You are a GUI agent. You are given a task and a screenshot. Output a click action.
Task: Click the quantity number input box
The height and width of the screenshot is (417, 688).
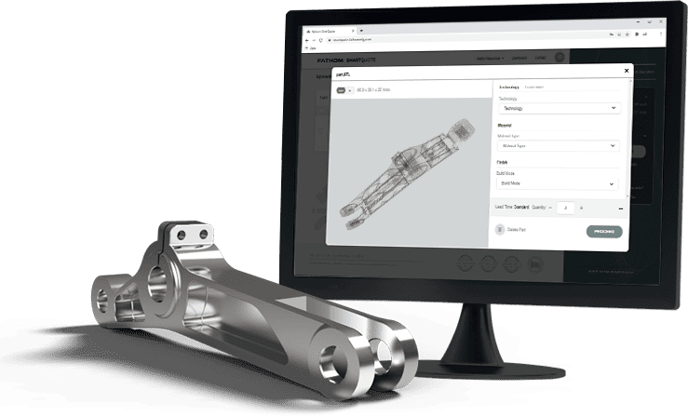click(x=564, y=208)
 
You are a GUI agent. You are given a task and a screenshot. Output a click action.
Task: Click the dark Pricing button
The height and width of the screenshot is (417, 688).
click(x=604, y=231)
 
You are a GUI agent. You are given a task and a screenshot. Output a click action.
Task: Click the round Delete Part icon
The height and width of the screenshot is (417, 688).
click(x=500, y=229)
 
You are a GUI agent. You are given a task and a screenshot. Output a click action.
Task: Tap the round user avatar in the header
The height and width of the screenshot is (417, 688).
click(x=560, y=58)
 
